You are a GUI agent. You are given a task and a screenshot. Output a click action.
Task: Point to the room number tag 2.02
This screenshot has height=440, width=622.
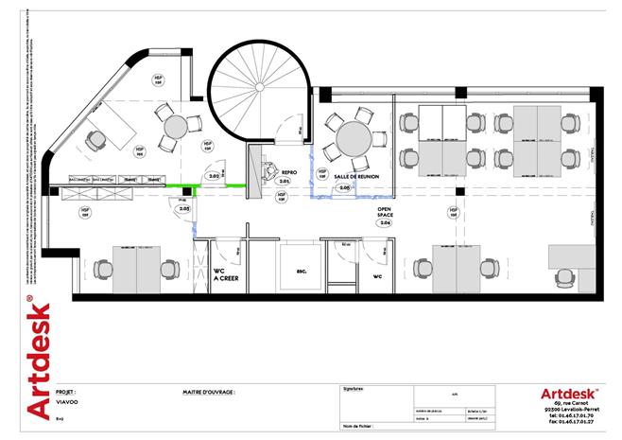215,176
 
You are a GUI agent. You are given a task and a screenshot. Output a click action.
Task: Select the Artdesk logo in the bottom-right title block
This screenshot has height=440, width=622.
566,393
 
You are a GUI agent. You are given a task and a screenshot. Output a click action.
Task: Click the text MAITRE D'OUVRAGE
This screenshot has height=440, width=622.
208,390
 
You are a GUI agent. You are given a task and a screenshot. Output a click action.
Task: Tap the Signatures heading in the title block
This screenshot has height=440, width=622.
352,389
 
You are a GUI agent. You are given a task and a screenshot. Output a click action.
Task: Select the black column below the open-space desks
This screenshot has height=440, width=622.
458,191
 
